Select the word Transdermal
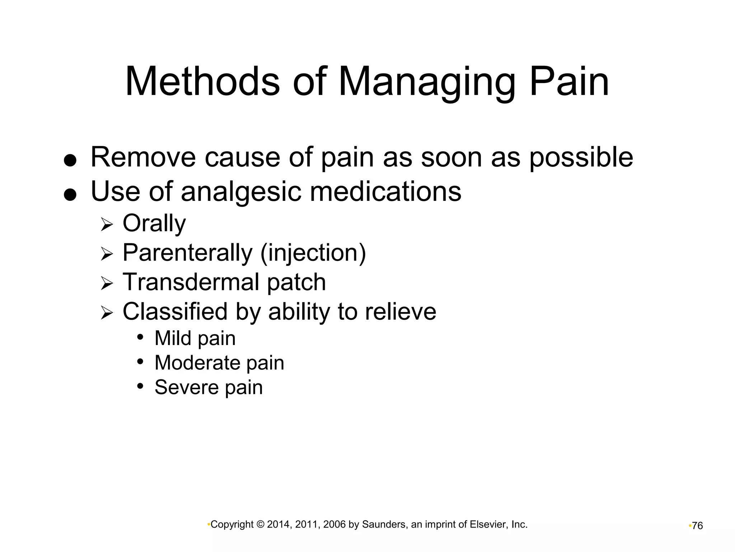[191, 282]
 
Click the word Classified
[175, 311]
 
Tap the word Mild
[172, 338]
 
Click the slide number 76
[697, 526]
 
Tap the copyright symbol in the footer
[261, 525]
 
